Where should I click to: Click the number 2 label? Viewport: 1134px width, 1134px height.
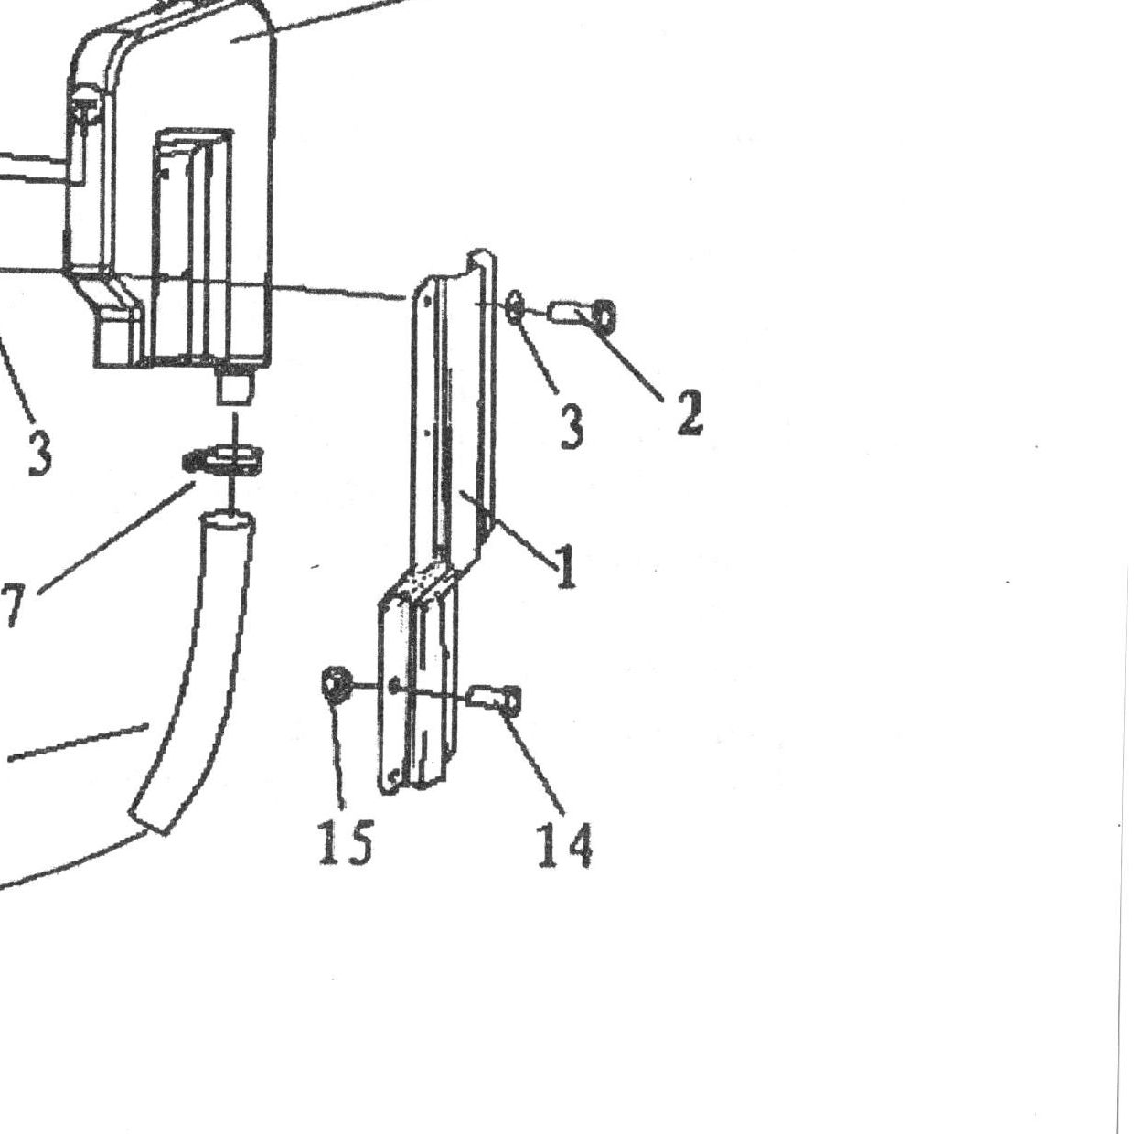point(690,412)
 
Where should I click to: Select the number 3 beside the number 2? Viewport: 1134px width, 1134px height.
point(572,427)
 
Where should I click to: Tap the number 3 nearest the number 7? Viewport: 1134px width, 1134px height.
point(39,452)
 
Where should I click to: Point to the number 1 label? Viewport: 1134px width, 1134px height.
point(566,566)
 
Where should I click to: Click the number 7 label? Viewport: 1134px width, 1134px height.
point(13,605)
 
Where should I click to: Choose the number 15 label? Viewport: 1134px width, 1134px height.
point(346,842)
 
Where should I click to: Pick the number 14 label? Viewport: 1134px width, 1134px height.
point(565,845)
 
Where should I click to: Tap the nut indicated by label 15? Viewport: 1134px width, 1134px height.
point(337,684)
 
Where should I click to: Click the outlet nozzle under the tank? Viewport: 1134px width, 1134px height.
point(235,384)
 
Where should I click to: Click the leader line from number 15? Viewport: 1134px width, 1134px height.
point(338,754)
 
